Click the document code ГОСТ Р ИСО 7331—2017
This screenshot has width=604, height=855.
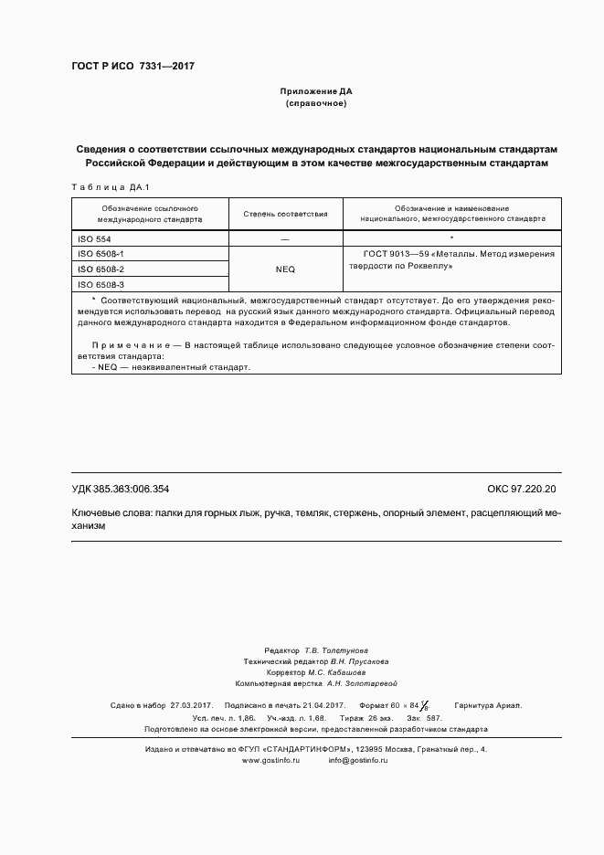pos(132,67)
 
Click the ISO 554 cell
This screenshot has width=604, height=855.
pos(94,237)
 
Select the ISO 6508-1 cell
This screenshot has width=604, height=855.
pos(101,253)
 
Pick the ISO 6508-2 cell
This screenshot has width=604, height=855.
pos(101,269)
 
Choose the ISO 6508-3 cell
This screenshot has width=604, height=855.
pos(101,285)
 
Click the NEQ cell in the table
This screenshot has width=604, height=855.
pos(285,269)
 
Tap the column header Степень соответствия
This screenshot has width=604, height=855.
pos(285,214)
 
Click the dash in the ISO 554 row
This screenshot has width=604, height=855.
pos(285,237)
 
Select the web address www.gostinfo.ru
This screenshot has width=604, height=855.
pos(271,760)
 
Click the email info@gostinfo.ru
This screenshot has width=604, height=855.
pos(358,760)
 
